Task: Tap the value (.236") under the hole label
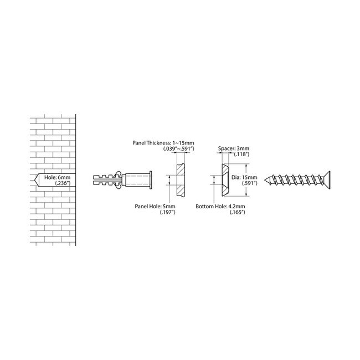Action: [62, 186]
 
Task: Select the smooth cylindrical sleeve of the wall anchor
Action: [138, 180]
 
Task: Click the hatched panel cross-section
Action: [180, 180]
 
